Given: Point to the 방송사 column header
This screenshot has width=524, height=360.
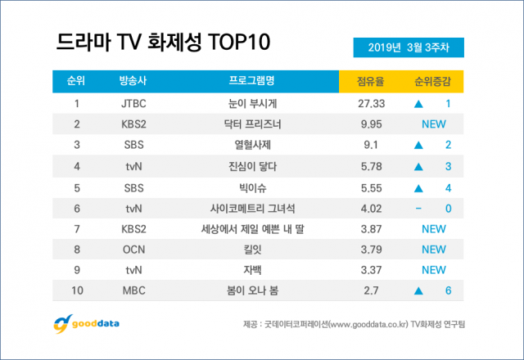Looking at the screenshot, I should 132,81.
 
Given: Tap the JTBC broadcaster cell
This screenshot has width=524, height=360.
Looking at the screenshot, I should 132,103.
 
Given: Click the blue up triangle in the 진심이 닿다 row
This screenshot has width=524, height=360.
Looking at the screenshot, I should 418,166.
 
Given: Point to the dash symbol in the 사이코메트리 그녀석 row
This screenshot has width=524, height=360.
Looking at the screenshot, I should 418,209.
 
